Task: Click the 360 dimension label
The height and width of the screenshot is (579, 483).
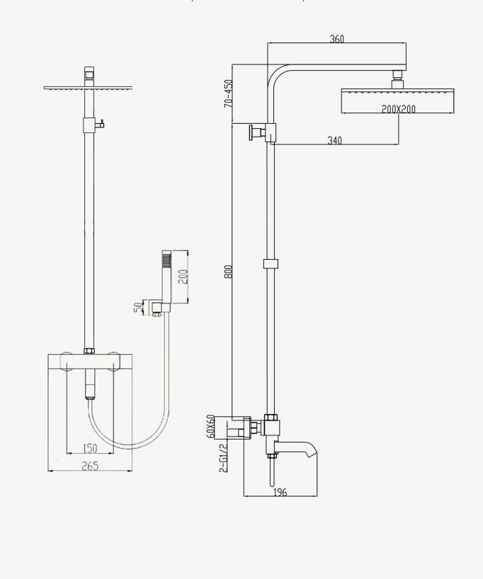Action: pyautogui.click(x=337, y=39)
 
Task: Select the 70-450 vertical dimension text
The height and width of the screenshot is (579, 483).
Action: pyautogui.click(x=228, y=93)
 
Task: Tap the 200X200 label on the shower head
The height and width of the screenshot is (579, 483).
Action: pyautogui.click(x=398, y=109)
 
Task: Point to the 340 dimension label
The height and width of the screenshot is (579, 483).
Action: pyautogui.click(x=334, y=140)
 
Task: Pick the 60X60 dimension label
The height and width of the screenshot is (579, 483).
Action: pyautogui.click(x=210, y=427)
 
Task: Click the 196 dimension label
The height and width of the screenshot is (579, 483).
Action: pyautogui.click(x=280, y=492)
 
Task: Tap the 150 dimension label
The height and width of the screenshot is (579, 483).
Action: pyautogui.click(x=90, y=448)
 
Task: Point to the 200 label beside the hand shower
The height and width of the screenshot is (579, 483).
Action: pyautogui.click(x=183, y=277)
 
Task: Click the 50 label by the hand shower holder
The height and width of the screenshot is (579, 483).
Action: pyautogui.click(x=138, y=307)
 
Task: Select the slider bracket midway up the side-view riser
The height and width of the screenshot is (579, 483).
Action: pyautogui.click(x=271, y=264)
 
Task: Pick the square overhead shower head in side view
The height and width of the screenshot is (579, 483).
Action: pyautogui.click(x=397, y=100)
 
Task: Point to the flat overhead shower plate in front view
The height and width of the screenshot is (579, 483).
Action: pyautogui.click(x=89, y=88)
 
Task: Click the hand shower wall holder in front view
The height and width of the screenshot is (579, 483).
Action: pyautogui.click(x=156, y=306)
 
